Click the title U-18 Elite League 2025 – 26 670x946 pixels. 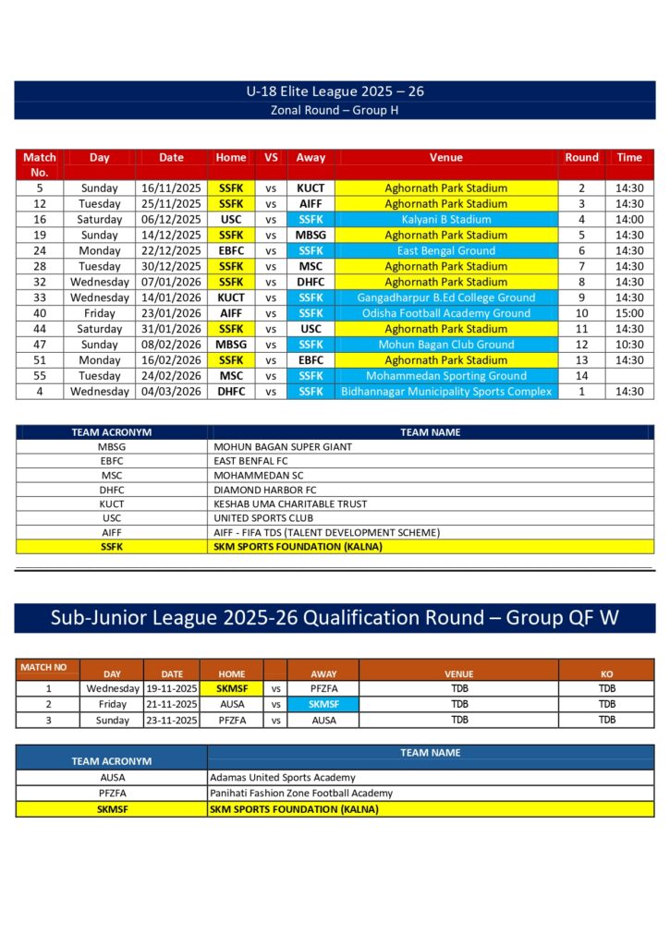pos(335,91)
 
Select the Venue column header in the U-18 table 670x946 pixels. pos(445,157)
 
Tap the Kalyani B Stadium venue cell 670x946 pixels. pos(445,219)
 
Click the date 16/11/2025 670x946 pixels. pos(171,188)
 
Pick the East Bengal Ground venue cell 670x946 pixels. pos(445,250)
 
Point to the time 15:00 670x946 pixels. pos(629,313)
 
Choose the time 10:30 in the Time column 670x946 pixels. pos(629,345)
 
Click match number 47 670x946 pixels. pos(40,345)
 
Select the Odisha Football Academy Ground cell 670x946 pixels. pos(445,313)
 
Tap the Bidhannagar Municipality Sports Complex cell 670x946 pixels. pos(445,392)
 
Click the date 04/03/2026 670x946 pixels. pos(171,392)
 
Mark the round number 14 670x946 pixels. pos(582,376)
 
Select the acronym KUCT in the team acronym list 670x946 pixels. pos(111,504)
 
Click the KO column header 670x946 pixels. pos(606,673)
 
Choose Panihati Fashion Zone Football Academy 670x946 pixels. pos(301,793)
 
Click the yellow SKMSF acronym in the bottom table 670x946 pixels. pos(111,809)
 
